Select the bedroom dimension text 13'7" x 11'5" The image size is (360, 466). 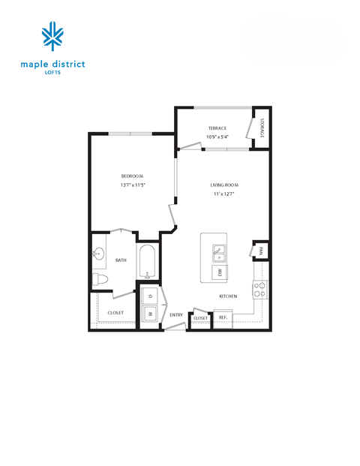click(132, 185)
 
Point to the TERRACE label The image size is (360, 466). click(217, 128)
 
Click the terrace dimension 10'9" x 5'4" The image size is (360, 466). click(217, 137)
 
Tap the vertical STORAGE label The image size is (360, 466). click(262, 128)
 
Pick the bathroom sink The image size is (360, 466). click(97, 254)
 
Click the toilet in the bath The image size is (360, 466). click(102, 279)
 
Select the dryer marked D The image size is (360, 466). click(150, 296)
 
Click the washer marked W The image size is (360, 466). click(150, 315)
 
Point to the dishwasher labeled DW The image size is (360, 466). click(220, 272)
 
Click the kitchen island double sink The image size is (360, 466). click(220, 252)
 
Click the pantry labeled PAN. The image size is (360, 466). click(262, 252)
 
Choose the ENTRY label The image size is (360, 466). click(176, 314)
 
